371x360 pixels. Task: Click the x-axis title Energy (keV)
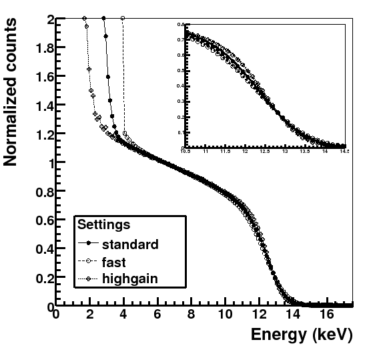pyautogui.click(x=301, y=335)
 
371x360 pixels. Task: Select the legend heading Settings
pyautogui.click(x=103, y=224)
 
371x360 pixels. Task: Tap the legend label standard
pyautogui.click(x=130, y=244)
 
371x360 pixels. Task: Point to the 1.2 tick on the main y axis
pyautogui.click(x=41, y=134)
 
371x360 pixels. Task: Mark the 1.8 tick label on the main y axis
pyautogui.click(x=41, y=47)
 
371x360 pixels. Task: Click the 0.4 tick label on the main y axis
pyautogui.click(x=41, y=249)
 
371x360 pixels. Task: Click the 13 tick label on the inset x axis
pyautogui.click(x=285, y=152)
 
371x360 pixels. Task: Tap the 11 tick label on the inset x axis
pyautogui.click(x=206, y=152)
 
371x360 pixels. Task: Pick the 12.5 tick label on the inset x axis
pyautogui.click(x=265, y=152)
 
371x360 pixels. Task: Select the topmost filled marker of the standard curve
pyautogui.click(x=104, y=19)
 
